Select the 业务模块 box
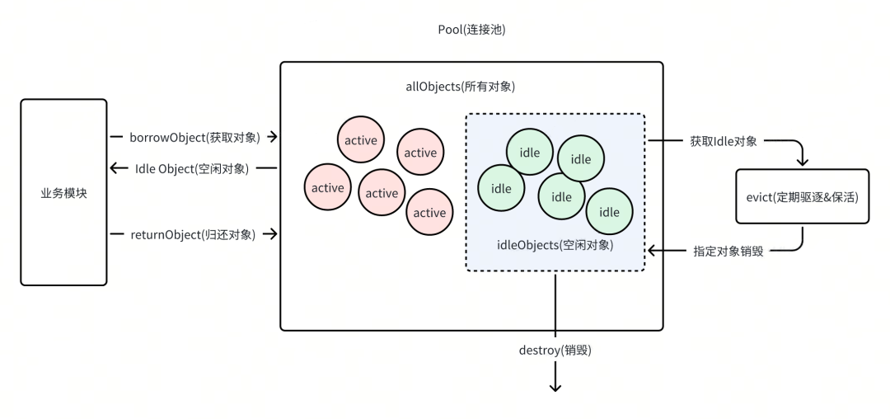(63, 192)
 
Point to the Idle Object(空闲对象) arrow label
(192, 168)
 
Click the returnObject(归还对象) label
(192, 234)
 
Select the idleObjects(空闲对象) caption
(555, 245)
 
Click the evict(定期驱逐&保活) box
(802, 196)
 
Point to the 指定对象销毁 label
(728, 251)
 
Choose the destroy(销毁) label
(555, 350)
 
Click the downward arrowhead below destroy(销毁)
(555, 386)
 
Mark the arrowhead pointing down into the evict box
(802, 162)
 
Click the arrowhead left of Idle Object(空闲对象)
(115, 168)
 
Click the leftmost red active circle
(327, 188)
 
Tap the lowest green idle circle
(609, 212)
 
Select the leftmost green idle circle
(501, 188)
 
